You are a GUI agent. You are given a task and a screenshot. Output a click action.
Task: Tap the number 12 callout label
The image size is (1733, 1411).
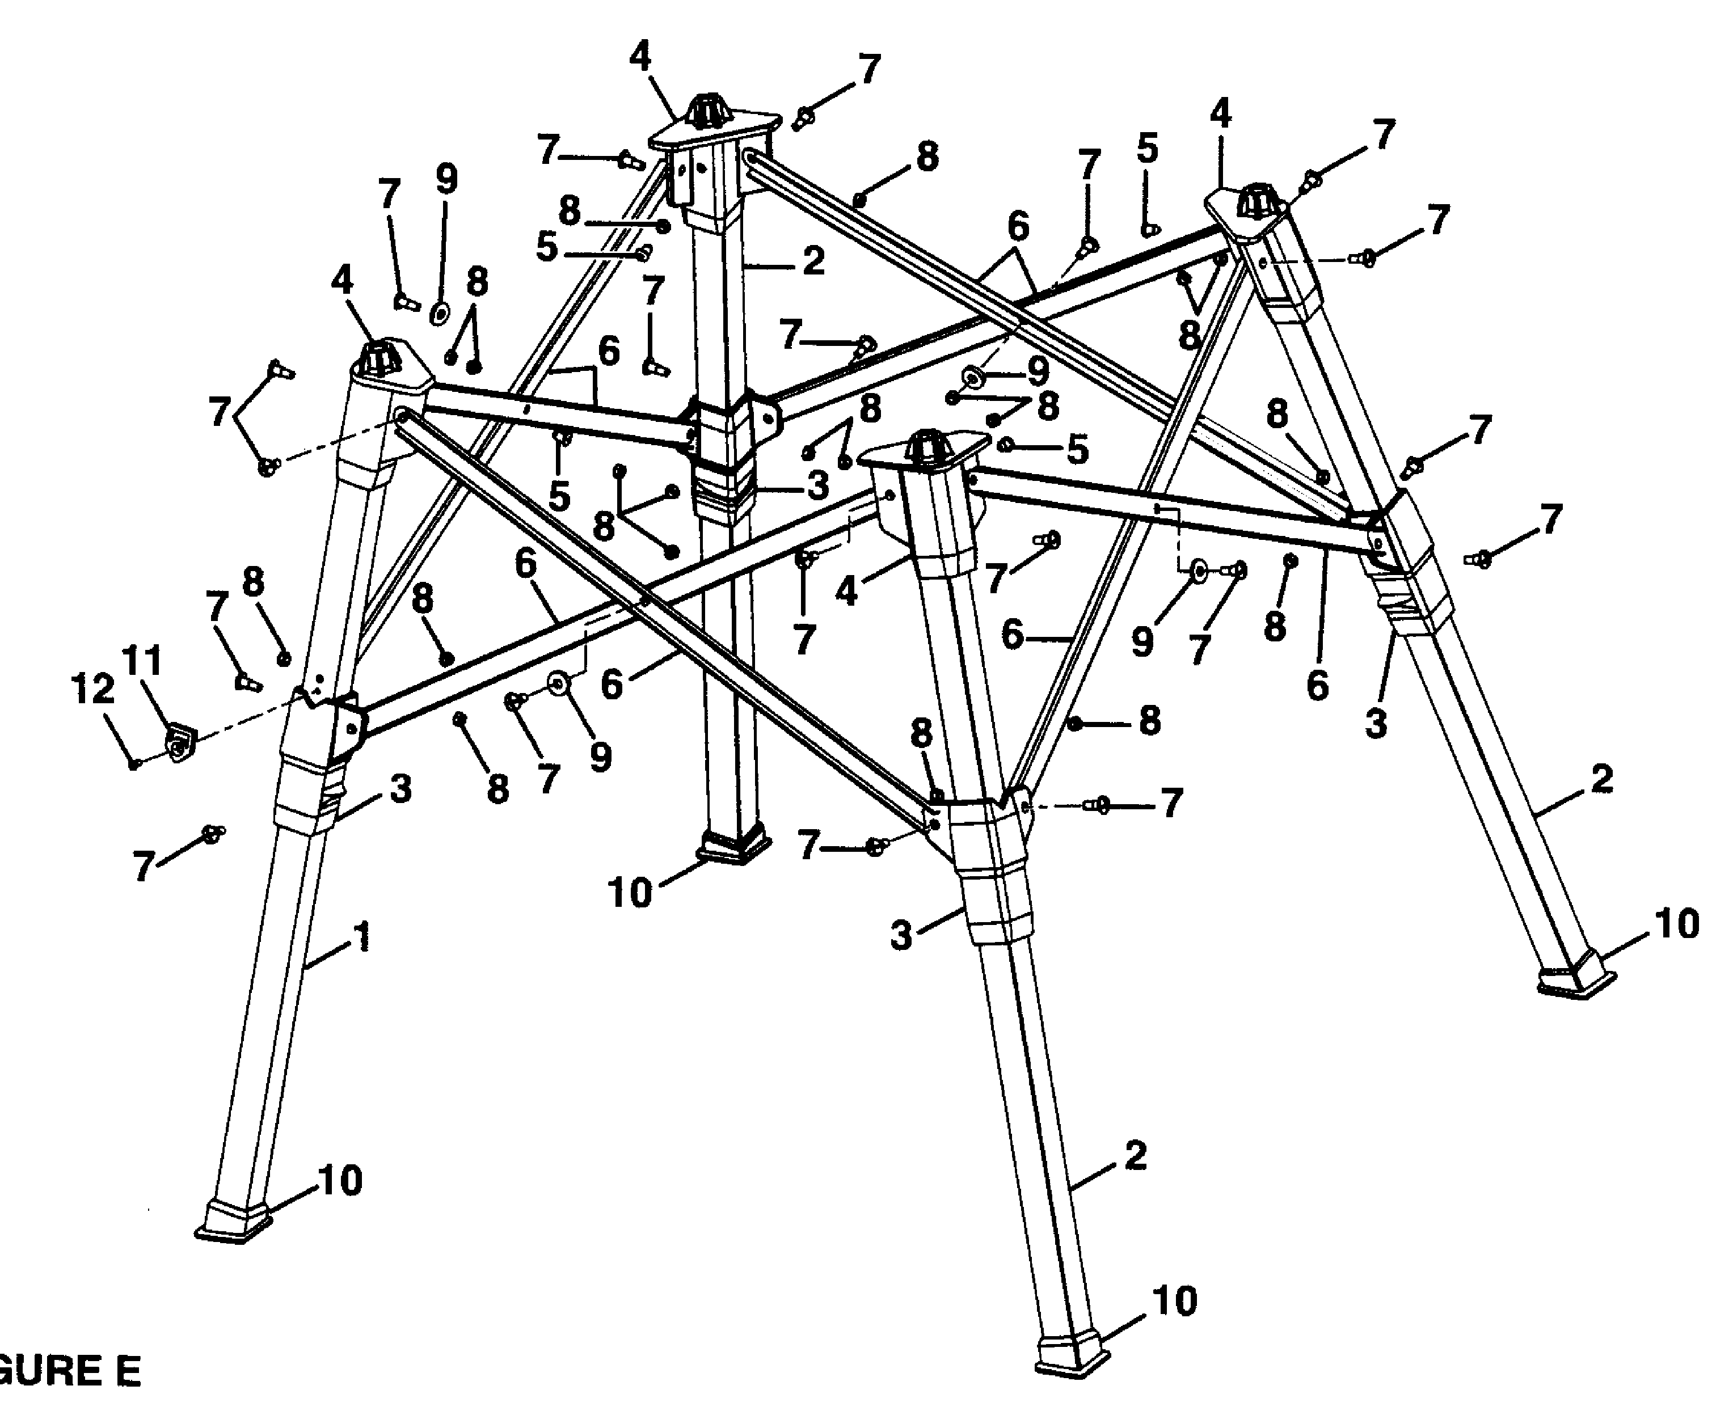click(92, 690)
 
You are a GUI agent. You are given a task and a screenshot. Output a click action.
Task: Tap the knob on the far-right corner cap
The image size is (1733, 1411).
click(1256, 198)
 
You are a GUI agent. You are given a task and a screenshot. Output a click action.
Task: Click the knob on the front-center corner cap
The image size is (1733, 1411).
click(926, 448)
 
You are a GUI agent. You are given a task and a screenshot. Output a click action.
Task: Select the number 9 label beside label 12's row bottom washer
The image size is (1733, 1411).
click(600, 757)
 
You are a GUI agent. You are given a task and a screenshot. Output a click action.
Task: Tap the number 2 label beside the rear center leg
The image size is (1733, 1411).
click(813, 261)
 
